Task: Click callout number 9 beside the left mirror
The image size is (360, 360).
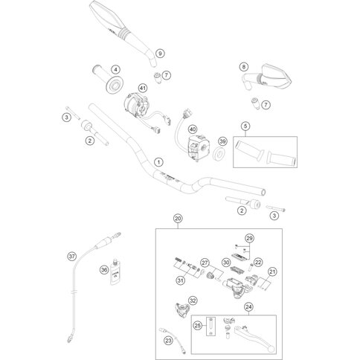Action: (x=161, y=54)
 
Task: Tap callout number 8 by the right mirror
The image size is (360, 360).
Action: (x=244, y=67)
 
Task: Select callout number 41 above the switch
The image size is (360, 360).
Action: (x=142, y=88)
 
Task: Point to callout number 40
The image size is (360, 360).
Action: (x=193, y=129)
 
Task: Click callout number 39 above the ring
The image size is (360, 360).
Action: (x=222, y=141)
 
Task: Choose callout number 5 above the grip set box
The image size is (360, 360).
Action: (x=245, y=126)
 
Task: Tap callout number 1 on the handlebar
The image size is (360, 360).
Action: (x=158, y=162)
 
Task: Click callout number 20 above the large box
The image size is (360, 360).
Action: (x=178, y=219)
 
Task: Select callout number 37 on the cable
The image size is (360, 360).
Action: (x=72, y=257)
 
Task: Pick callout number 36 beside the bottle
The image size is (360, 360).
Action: (x=104, y=269)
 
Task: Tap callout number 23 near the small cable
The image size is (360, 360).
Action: (x=168, y=341)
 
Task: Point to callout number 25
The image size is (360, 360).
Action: (x=198, y=326)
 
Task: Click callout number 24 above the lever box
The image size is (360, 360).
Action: (x=248, y=307)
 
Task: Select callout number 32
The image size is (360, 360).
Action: (x=193, y=300)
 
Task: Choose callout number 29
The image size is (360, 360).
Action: (x=249, y=238)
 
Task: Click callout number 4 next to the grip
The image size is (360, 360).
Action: (x=115, y=70)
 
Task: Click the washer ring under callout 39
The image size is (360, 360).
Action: (x=219, y=154)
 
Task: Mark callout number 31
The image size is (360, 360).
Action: (x=181, y=280)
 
